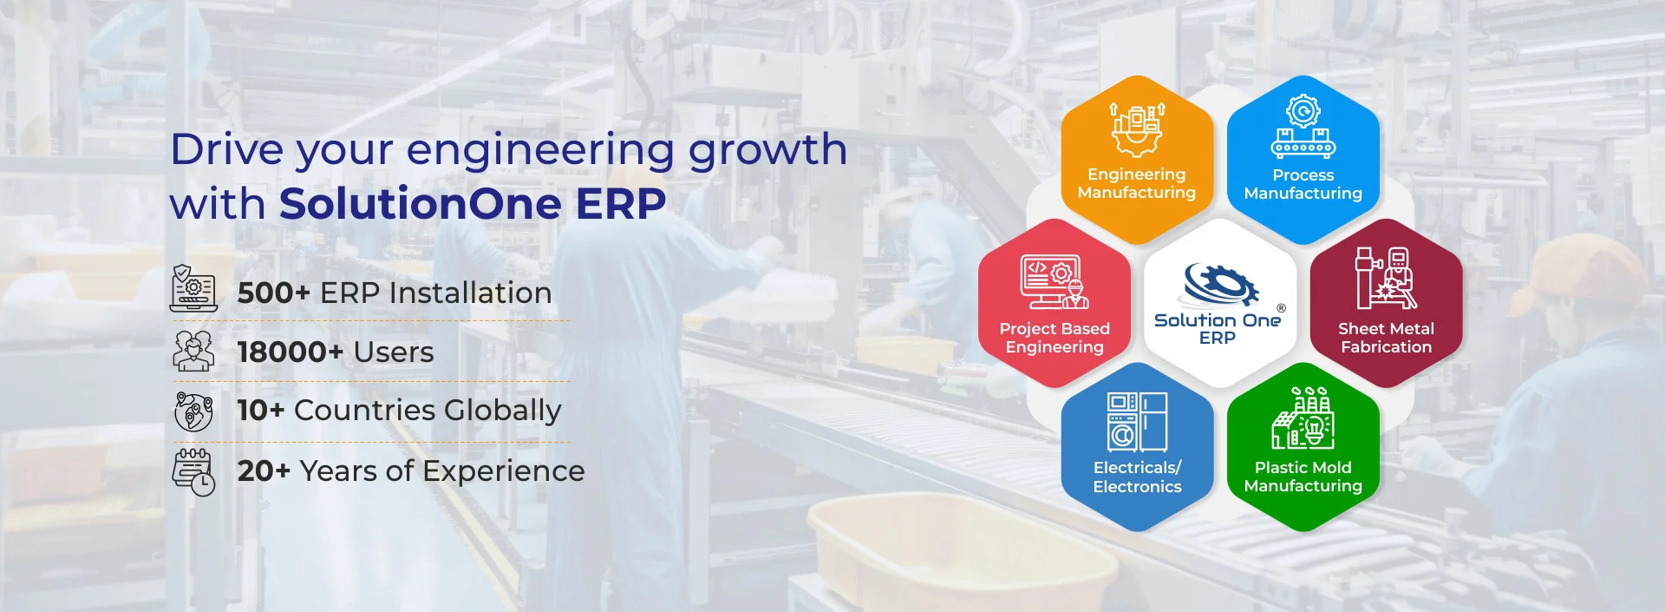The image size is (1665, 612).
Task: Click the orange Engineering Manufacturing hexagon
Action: click(1137, 160)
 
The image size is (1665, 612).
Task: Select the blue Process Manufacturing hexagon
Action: click(1303, 160)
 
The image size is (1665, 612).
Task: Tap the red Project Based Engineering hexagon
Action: click(1054, 303)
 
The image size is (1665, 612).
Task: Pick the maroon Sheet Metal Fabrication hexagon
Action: click(1386, 303)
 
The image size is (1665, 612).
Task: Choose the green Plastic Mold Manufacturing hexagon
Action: click(1303, 447)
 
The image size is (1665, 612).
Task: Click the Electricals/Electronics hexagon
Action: click(1137, 447)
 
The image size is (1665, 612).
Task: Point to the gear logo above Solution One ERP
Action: click(1221, 284)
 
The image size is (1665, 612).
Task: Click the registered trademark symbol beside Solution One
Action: click(1281, 308)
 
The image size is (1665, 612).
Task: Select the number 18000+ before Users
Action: click(291, 352)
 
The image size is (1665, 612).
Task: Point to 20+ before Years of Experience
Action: click(264, 471)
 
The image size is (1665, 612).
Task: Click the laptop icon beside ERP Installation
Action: click(193, 288)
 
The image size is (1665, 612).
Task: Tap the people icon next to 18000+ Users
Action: click(193, 350)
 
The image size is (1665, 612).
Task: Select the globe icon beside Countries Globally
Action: click(193, 411)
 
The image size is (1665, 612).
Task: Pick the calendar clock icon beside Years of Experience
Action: click(193, 472)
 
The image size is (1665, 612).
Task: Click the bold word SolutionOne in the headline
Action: click(421, 204)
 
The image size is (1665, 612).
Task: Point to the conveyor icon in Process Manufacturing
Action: click(1303, 142)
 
